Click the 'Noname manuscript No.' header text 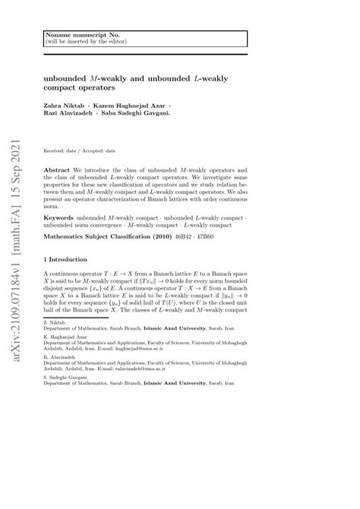[x=76, y=36]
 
